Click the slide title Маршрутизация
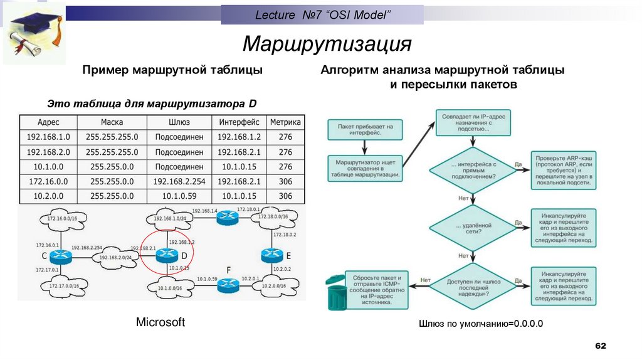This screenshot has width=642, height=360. tap(327, 45)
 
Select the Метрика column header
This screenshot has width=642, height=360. tap(285, 122)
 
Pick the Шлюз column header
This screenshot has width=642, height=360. tap(179, 122)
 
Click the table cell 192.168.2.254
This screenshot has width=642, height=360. tap(179, 181)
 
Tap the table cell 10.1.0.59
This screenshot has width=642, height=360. tap(179, 196)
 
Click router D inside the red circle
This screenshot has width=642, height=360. tap(167, 255)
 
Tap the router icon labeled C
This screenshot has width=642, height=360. tap(62, 255)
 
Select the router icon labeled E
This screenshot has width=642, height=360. tap(271, 255)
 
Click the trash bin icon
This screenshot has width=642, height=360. tap(337, 292)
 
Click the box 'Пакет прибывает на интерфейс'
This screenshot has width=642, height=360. tap(364, 130)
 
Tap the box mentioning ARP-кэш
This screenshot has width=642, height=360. tap(564, 170)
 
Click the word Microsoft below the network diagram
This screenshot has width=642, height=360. tap(160, 322)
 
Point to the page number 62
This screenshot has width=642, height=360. tap(601, 346)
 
